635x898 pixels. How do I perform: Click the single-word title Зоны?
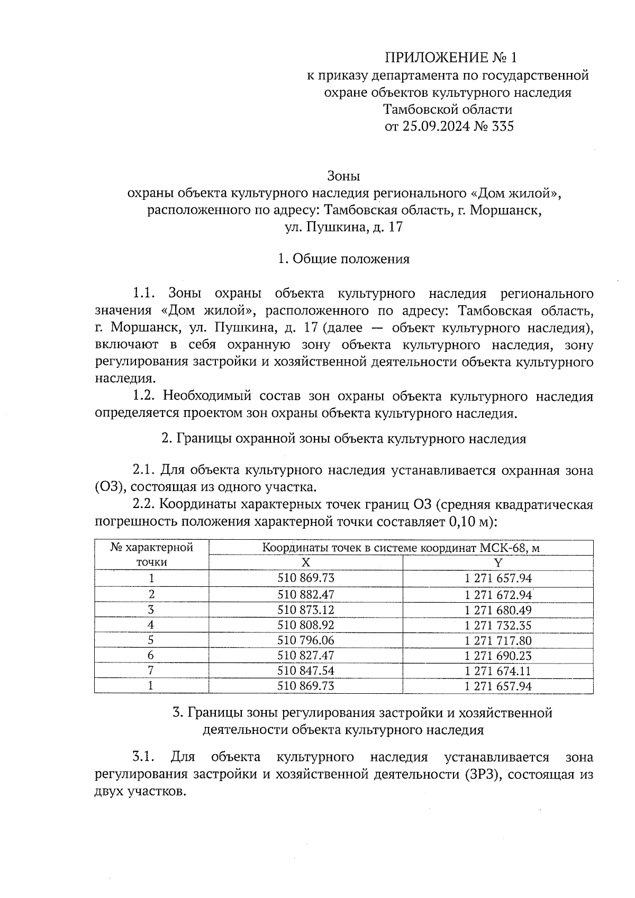coord(343,175)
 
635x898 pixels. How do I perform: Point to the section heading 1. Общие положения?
coord(343,259)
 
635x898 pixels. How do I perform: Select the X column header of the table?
coord(306,562)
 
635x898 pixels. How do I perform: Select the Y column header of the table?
coord(497,562)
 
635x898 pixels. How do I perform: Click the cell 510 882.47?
coord(306,594)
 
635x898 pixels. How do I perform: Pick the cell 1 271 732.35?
coord(497,625)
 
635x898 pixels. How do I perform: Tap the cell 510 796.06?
coord(306,640)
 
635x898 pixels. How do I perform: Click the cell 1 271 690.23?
coord(497,656)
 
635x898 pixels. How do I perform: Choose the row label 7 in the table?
coord(151,671)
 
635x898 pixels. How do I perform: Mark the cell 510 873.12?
coord(306,610)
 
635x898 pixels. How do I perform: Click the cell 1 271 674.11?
coord(497,671)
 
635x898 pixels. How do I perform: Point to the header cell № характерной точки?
coord(151,555)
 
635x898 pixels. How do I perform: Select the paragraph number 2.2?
coord(143,505)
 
